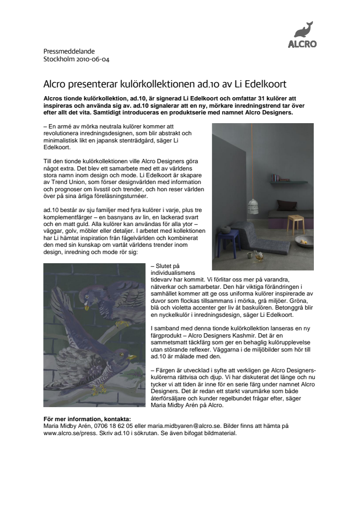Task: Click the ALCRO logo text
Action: click(302, 43)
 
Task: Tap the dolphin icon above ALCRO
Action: click(304, 29)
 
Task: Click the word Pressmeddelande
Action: click(69, 51)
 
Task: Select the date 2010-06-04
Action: click(95, 59)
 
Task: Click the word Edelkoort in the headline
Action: click(265, 84)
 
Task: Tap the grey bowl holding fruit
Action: click(304, 241)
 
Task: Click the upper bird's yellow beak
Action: click(87, 306)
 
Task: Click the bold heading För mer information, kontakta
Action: click(87, 419)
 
